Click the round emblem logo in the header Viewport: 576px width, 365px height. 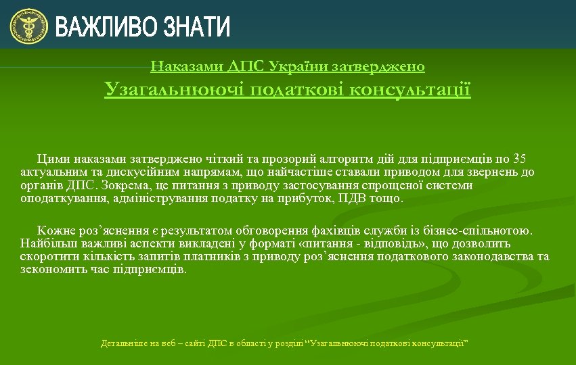tap(28, 26)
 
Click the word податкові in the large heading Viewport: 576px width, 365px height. tap(297, 90)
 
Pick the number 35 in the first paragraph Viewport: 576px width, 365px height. tap(519, 159)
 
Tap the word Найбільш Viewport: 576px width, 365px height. tap(44, 243)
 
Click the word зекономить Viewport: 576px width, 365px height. tap(48, 269)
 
